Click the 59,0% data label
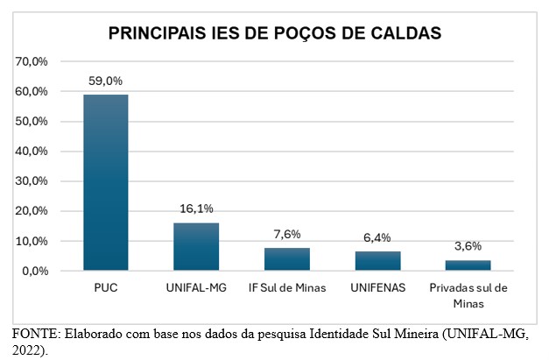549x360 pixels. [106, 81]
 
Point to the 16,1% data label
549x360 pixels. [196, 208]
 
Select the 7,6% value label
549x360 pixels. [286, 234]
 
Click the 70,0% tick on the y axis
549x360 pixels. [32, 61]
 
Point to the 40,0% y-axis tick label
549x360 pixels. [32, 151]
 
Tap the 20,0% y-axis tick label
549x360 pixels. [32, 211]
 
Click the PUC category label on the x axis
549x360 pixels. [106, 288]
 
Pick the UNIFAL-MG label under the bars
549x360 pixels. [196, 288]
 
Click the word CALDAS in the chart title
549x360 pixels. [399, 34]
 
